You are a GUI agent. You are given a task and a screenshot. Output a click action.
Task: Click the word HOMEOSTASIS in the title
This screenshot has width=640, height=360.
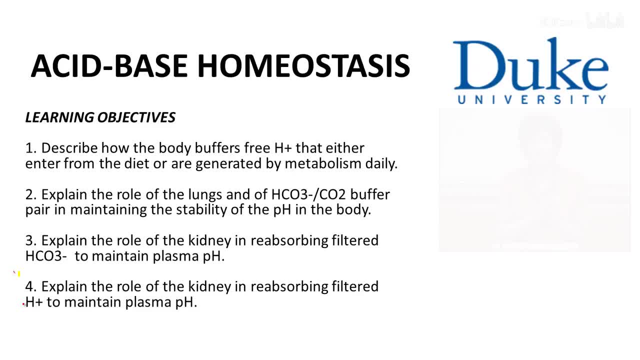tap(303, 66)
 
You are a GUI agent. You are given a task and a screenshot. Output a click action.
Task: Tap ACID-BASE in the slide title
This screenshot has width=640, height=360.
tap(109, 66)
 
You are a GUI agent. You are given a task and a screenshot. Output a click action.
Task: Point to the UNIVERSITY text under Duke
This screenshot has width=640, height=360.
tap(531, 99)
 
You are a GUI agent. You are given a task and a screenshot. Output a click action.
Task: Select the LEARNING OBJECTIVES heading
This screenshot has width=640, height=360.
tap(100, 117)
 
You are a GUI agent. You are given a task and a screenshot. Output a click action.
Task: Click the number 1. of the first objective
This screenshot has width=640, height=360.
tap(31, 148)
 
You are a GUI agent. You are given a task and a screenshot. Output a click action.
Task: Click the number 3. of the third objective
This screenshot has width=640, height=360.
tap(31, 240)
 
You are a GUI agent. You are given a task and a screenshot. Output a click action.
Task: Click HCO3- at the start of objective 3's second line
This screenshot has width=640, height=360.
tap(46, 256)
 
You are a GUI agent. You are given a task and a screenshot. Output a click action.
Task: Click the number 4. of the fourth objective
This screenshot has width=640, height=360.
tap(31, 286)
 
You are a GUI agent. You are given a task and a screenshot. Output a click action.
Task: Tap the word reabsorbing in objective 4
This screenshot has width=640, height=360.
tap(289, 287)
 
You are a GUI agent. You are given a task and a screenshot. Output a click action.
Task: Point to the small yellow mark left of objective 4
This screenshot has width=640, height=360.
tap(19, 274)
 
